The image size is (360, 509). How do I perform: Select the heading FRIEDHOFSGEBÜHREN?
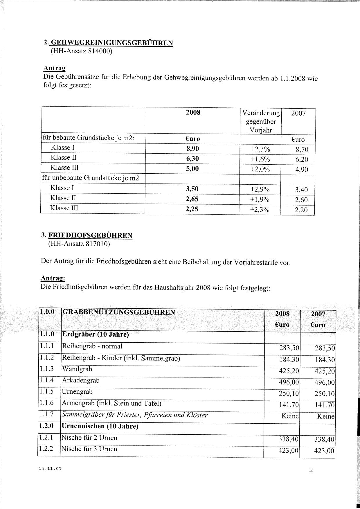(x=90, y=235)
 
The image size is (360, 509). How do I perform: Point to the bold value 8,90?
(x=192, y=149)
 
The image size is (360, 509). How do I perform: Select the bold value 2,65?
(x=192, y=199)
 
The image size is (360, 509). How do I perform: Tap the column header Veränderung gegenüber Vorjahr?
(x=261, y=121)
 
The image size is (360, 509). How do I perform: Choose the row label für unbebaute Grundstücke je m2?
(x=91, y=178)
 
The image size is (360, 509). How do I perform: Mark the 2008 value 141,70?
(x=289, y=405)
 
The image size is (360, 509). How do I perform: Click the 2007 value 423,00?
(x=324, y=451)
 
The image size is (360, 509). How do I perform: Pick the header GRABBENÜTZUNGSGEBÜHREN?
(x=119, y=312)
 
